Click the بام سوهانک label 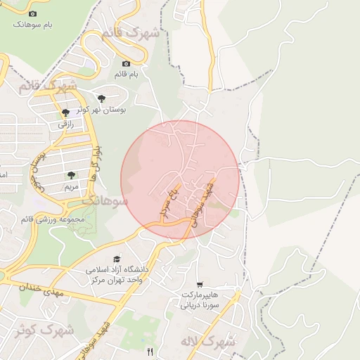coord(32,25)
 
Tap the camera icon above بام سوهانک coord(32,13)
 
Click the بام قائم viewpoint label coord(127,73)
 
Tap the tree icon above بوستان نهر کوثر coord(103,99)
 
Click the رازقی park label coord(65,124)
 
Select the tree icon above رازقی coord(65,112)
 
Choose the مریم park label coord(70,186)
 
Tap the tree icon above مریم coord(70,175)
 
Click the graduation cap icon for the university coord(117,259)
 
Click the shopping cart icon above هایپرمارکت coord(200,285)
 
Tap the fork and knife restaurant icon coord(149,351)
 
